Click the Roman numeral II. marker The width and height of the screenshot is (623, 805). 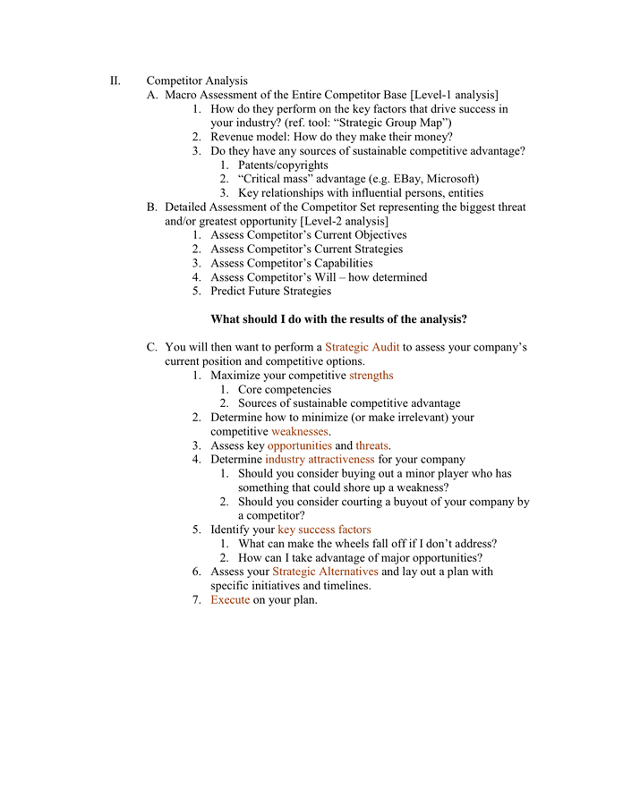pos(115,81)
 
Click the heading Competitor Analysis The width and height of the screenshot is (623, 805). pos(197,81)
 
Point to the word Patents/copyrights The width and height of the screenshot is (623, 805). pos(283,165)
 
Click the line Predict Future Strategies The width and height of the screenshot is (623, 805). pos(270,291)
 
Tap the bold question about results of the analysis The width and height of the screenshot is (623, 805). pos(338,319)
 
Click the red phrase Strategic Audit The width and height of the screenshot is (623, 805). pos(362,347)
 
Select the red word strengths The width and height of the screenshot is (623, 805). pos(371,376)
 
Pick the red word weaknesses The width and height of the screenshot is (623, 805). pos(300,431)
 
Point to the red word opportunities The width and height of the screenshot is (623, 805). pos(299,445)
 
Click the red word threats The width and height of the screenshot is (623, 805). pos(371,445)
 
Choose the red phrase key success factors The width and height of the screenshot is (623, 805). pos(324,530)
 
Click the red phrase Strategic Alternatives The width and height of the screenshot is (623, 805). pos(325,572)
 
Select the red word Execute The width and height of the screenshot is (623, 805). pos(230,599)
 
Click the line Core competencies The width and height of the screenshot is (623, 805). pos(285,389)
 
